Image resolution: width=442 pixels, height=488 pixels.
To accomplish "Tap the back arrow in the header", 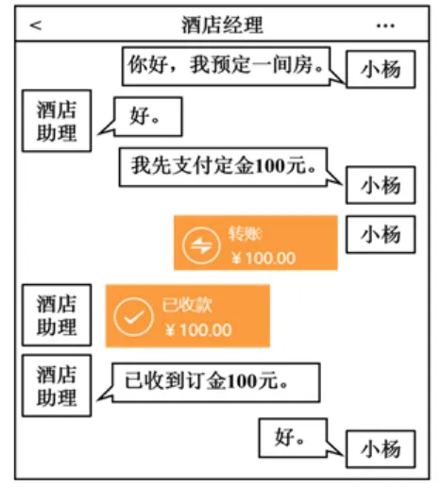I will coord(36,25).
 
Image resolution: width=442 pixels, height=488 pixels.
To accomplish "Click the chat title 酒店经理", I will coord(222,25).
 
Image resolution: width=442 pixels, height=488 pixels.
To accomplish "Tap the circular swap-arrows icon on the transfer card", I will coord(200,244).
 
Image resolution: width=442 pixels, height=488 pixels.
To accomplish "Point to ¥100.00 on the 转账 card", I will coord(263,257).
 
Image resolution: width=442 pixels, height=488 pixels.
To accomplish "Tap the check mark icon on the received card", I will coord(133,316).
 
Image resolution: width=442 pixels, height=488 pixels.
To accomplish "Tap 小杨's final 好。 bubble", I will coord(291,437).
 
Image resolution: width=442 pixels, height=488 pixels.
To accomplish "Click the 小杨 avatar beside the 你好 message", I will coord(380,72).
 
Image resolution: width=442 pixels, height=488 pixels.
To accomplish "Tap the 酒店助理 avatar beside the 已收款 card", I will coord(57,316).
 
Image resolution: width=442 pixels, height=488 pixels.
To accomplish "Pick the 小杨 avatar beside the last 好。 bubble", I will coord(380,449).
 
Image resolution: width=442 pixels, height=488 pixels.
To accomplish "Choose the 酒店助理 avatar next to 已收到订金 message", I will coord(57,385).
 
